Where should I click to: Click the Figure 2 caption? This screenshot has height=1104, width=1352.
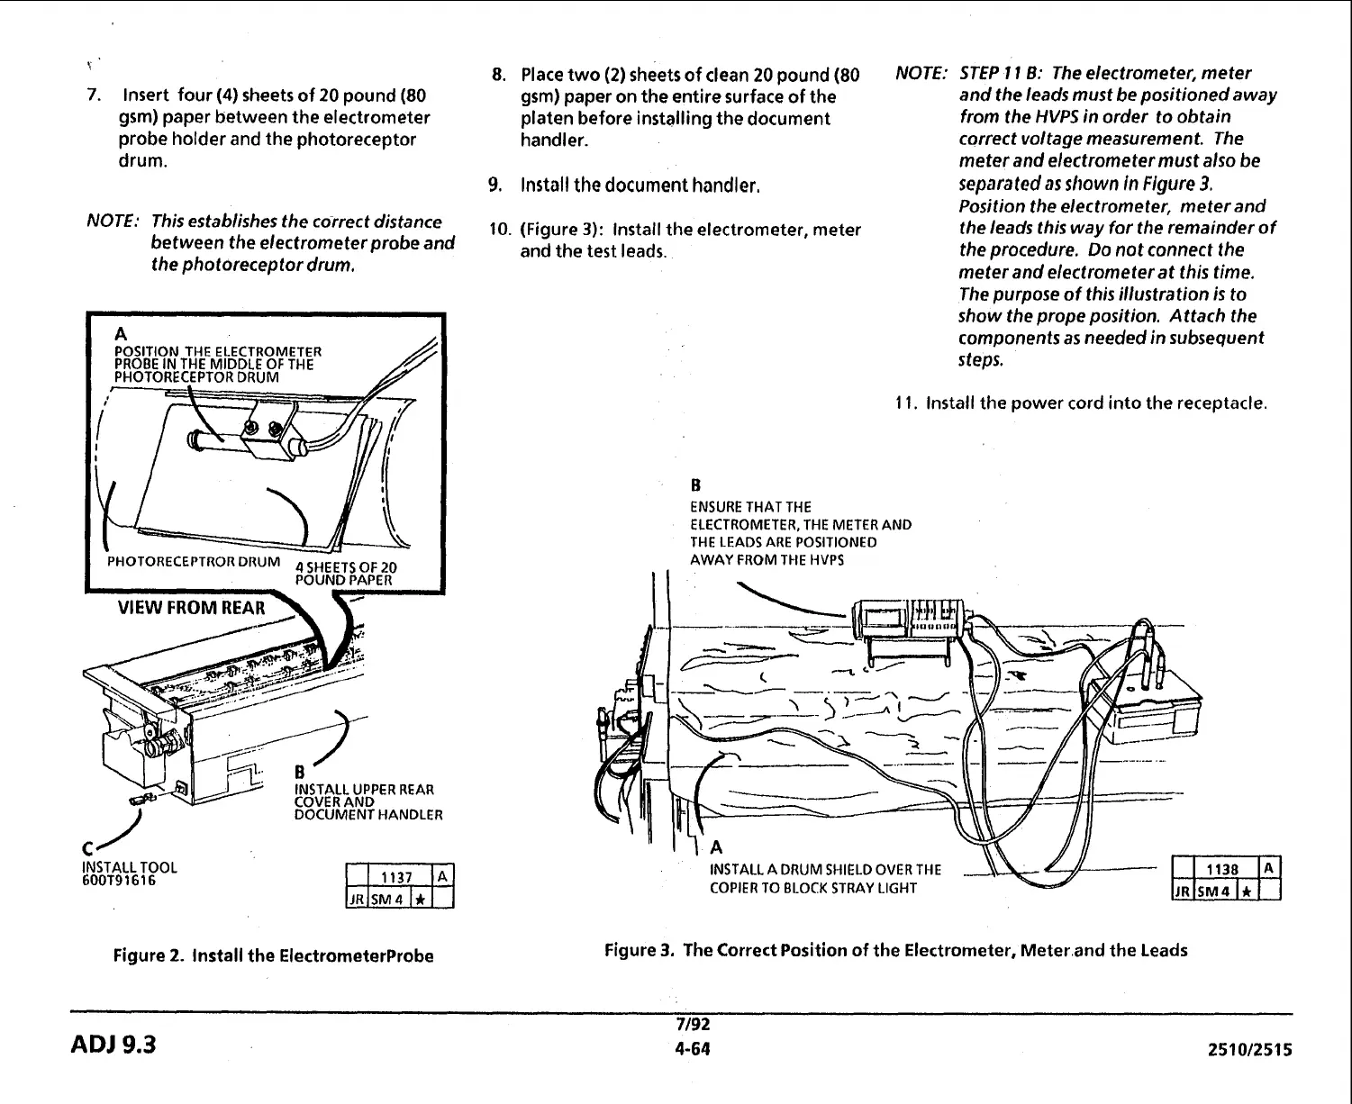pyautogui.click(x=273, y=955)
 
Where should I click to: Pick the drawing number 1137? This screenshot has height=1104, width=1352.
pyautogui.click(x=396, y=878)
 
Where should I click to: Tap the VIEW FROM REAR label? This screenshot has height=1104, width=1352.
pyautogui.click(x=192, y=607)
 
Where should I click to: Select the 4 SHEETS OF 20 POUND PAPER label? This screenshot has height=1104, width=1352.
pyautogui.click(x=345, y=574)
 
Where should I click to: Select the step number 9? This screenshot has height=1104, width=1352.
pyautogui.click(x=495, y=186)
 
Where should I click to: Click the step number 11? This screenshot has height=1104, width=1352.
pyautogui.click(x=905, y=403)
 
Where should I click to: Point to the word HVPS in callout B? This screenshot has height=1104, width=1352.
pyautogui.click(x=828, y=560)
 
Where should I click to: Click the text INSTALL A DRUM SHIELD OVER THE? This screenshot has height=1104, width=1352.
pyautogui.click(x=825, y=869)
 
